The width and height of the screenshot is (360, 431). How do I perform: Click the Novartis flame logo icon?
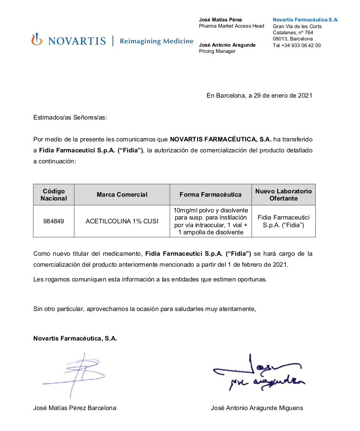coord(37,40)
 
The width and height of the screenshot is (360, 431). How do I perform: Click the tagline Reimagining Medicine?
coord(157,41)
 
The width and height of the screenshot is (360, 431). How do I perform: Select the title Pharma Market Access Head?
coord(231,26)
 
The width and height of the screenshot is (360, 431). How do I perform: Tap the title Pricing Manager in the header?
coord(217,51)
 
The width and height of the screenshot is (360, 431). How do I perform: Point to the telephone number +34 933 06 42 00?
coord(297,45)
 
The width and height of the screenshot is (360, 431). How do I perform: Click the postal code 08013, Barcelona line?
coord(293,39)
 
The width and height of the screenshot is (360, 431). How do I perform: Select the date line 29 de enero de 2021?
coord(259,95)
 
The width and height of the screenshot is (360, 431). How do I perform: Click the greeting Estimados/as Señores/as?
coord(70,117)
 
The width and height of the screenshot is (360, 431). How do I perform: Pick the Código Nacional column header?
coord(54,194)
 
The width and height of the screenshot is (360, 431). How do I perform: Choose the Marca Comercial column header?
coord(122,194)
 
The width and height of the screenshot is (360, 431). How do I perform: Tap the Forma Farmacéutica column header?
coord(210,194)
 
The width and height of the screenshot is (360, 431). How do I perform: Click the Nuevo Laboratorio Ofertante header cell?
coord(283,194)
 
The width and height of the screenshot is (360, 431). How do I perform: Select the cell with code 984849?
coord(54,221)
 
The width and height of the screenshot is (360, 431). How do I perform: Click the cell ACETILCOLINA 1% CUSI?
coord(122,221)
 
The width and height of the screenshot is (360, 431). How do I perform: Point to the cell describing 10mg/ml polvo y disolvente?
coord(210,221)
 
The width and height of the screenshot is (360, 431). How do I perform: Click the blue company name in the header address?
coord(305,20)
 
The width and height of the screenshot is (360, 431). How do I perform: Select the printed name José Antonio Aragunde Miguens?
coord(257,408)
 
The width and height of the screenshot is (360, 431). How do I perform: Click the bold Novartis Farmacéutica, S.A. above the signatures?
coord(75,339)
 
